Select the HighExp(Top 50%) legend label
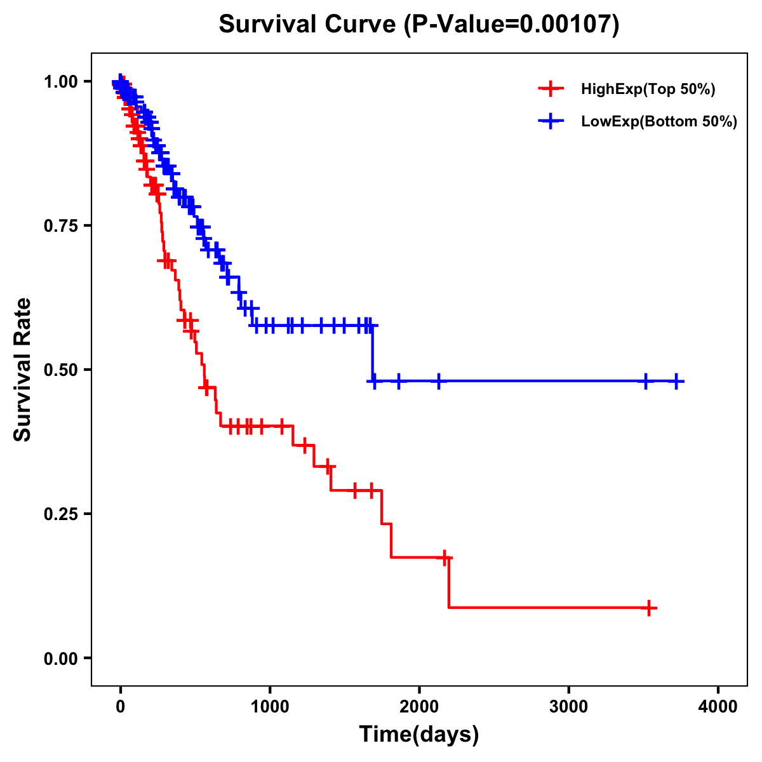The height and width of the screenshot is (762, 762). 648,90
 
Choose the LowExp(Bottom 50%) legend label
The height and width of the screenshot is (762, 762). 659,122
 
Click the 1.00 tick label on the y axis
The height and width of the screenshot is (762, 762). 60,82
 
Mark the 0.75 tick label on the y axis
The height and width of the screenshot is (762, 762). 60,226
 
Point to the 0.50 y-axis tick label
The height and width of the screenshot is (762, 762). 60,370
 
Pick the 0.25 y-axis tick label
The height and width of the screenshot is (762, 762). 60,514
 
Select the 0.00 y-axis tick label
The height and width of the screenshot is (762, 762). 60,658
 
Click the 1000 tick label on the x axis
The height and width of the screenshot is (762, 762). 270,707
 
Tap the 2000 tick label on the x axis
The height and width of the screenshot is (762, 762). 419,707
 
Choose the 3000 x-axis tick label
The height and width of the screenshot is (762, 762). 568,707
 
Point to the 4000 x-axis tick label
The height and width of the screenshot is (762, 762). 718,707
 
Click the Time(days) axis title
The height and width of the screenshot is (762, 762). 419,735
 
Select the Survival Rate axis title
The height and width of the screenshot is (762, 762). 23,370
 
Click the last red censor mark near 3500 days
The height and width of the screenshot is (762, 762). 649,608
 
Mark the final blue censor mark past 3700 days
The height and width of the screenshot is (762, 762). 676,381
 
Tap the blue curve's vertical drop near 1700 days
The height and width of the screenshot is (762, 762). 373,353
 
